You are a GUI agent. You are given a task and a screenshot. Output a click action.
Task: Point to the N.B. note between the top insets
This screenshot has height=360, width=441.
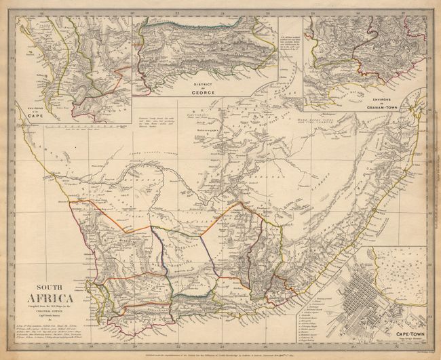click(290, 41)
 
